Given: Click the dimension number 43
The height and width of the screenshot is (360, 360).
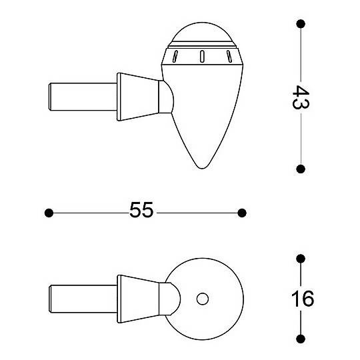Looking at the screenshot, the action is coord(301,97).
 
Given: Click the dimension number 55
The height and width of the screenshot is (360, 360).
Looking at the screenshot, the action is coord(141,210).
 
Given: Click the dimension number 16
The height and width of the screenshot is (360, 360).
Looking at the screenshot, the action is coord(303,299).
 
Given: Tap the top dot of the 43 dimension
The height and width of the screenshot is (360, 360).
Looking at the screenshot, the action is coord(301,24).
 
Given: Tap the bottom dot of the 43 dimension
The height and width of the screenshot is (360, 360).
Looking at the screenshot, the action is coord(301,169).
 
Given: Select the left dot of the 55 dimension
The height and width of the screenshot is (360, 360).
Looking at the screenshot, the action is coord(49,213).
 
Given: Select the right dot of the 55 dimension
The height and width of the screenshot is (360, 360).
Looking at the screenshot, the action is coord(242,213).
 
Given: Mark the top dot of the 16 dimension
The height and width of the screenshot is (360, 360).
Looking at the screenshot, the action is coord(301,259).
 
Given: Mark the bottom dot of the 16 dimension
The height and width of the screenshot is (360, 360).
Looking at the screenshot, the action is coord(301,339).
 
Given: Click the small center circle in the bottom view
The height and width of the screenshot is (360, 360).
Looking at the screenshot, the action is coord(203,299).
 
